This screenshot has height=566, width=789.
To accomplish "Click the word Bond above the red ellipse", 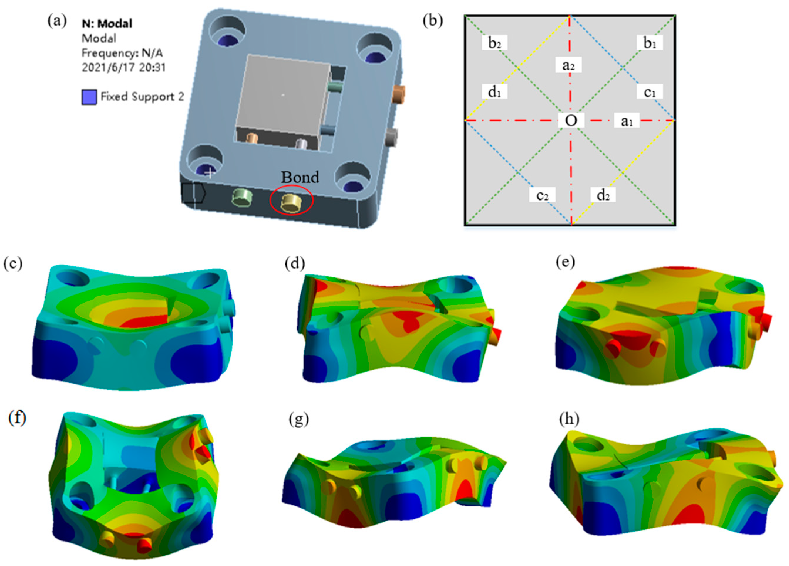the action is click(x=300, y=177).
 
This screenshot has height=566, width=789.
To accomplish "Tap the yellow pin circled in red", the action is click(x=292, y=203).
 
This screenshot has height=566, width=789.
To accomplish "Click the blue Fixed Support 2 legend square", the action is click(x=89, y=97).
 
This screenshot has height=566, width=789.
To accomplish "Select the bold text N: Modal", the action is click(x=107, y=24).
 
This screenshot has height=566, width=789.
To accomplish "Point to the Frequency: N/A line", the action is click(x=122, y=53).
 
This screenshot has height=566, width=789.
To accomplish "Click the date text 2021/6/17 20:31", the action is click(x=124, y=67).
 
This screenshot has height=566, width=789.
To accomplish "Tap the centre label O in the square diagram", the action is click(x=571, y=121).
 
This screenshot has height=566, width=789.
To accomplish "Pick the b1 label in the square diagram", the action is click(x=650, y=43).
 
